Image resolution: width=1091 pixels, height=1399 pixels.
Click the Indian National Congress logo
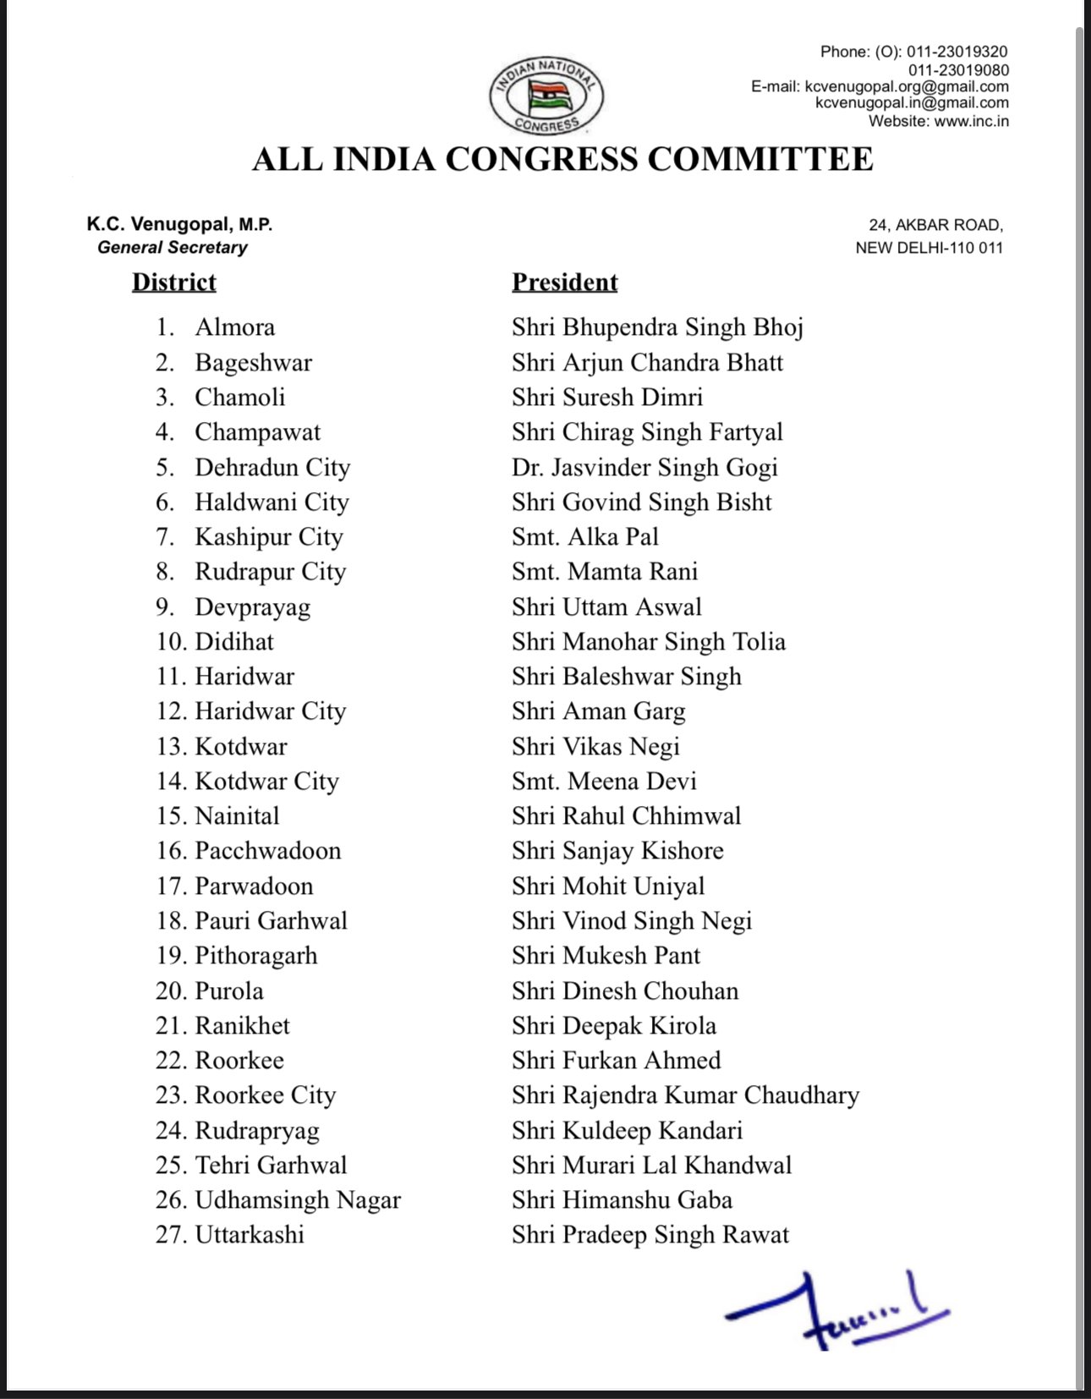[x=546, y=95]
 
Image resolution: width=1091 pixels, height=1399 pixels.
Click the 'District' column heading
[x=174, y=282]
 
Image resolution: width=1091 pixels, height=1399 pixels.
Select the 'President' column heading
[x=564, y=282]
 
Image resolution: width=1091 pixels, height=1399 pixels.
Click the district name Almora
[x=234, y=327]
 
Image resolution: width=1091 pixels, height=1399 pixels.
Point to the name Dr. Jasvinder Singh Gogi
[x=644, y=468]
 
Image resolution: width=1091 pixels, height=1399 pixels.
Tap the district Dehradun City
[x=272, y=468]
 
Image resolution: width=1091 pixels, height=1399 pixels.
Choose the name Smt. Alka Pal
[x=584, y=537]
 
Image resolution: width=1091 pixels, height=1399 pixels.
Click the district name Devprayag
[x=252, y=607]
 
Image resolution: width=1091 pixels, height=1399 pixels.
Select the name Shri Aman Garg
[x=598, y=711]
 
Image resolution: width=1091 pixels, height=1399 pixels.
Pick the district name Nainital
[x=237, y=816]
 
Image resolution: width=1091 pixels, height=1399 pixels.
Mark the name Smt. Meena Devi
[x=604, y=782]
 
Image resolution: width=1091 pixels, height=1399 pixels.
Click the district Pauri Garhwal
[x=271, y=921]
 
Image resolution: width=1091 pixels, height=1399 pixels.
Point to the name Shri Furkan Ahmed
[x=616, y=1061]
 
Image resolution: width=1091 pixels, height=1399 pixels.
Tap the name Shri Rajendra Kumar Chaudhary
[x=685, y=1095]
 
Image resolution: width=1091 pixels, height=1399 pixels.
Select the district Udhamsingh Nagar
[x=298, y=1200]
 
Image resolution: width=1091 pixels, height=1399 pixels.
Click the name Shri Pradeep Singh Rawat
[x=650, y=1235]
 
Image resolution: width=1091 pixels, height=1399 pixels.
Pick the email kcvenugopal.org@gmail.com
[x=906, y=86]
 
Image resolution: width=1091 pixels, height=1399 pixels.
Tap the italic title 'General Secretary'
[x=173, y=247]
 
